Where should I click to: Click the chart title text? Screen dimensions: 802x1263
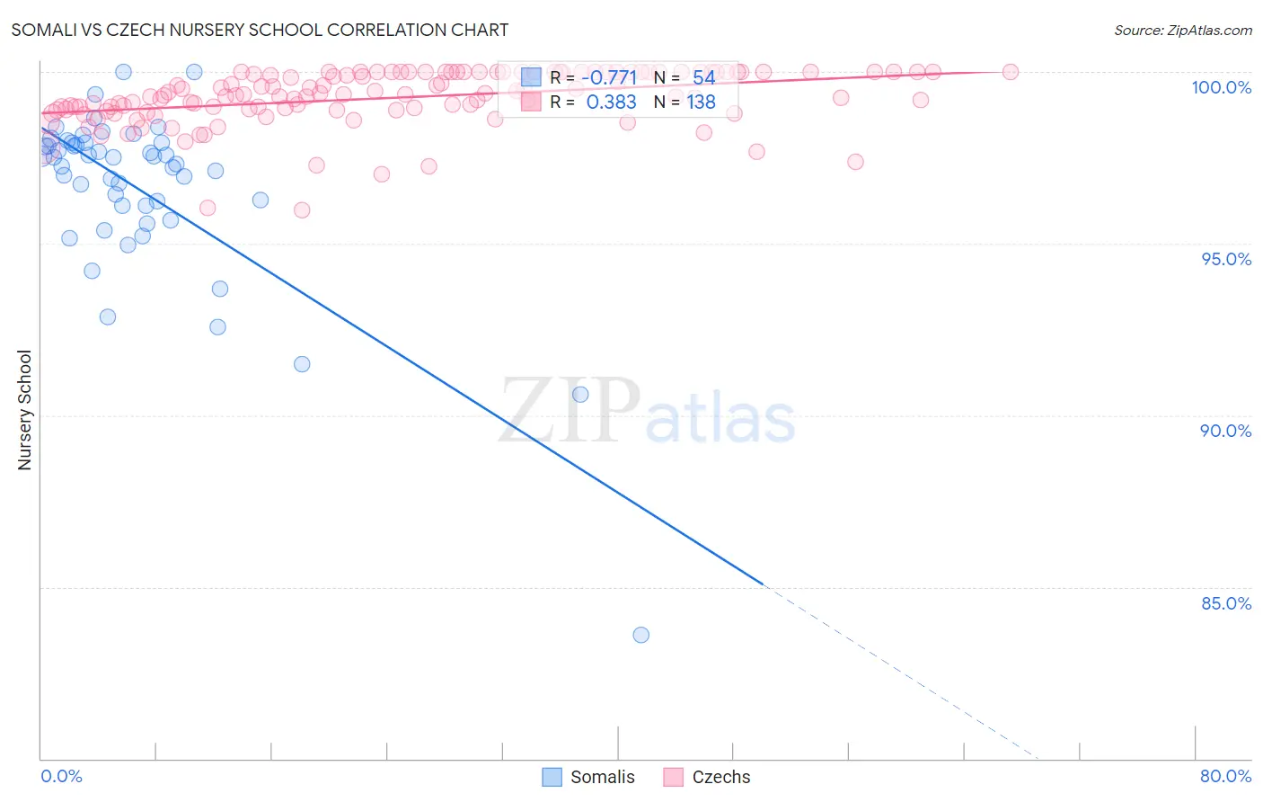(x=260, y=30)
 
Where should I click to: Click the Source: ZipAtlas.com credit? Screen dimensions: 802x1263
(x=1182, y=30)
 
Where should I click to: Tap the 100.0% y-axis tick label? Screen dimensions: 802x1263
(x=1221, y=87)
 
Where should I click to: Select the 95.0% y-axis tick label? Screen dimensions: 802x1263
(x=1226, y=259)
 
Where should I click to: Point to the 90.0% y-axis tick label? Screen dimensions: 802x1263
(x=1226, y=431)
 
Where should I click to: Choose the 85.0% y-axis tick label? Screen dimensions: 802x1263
(x=1226, y=603)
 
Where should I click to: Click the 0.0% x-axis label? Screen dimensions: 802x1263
(x=61, y=776)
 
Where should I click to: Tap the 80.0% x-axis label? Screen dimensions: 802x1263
(x=1225, y=776)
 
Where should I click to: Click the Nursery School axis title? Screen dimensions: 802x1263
(x=24, y=410)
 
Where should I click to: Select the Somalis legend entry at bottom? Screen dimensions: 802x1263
(x=589, y=777)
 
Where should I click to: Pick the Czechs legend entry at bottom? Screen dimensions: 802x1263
(x=708, y=777)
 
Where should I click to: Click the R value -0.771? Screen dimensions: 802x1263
(x=609, y=77)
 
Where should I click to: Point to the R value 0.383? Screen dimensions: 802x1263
(x=611, y=102)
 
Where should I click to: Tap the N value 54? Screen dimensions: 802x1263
(x=703, y=77)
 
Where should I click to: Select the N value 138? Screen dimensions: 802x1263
(x=701, y=102)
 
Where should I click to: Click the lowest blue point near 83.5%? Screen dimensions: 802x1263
(x=640, y=635)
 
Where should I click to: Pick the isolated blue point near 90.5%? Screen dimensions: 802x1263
(x=580, y=394)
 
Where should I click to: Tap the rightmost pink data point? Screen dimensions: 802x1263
(x=1010, y=72)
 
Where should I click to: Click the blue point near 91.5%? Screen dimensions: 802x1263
(x=302, y=364)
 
